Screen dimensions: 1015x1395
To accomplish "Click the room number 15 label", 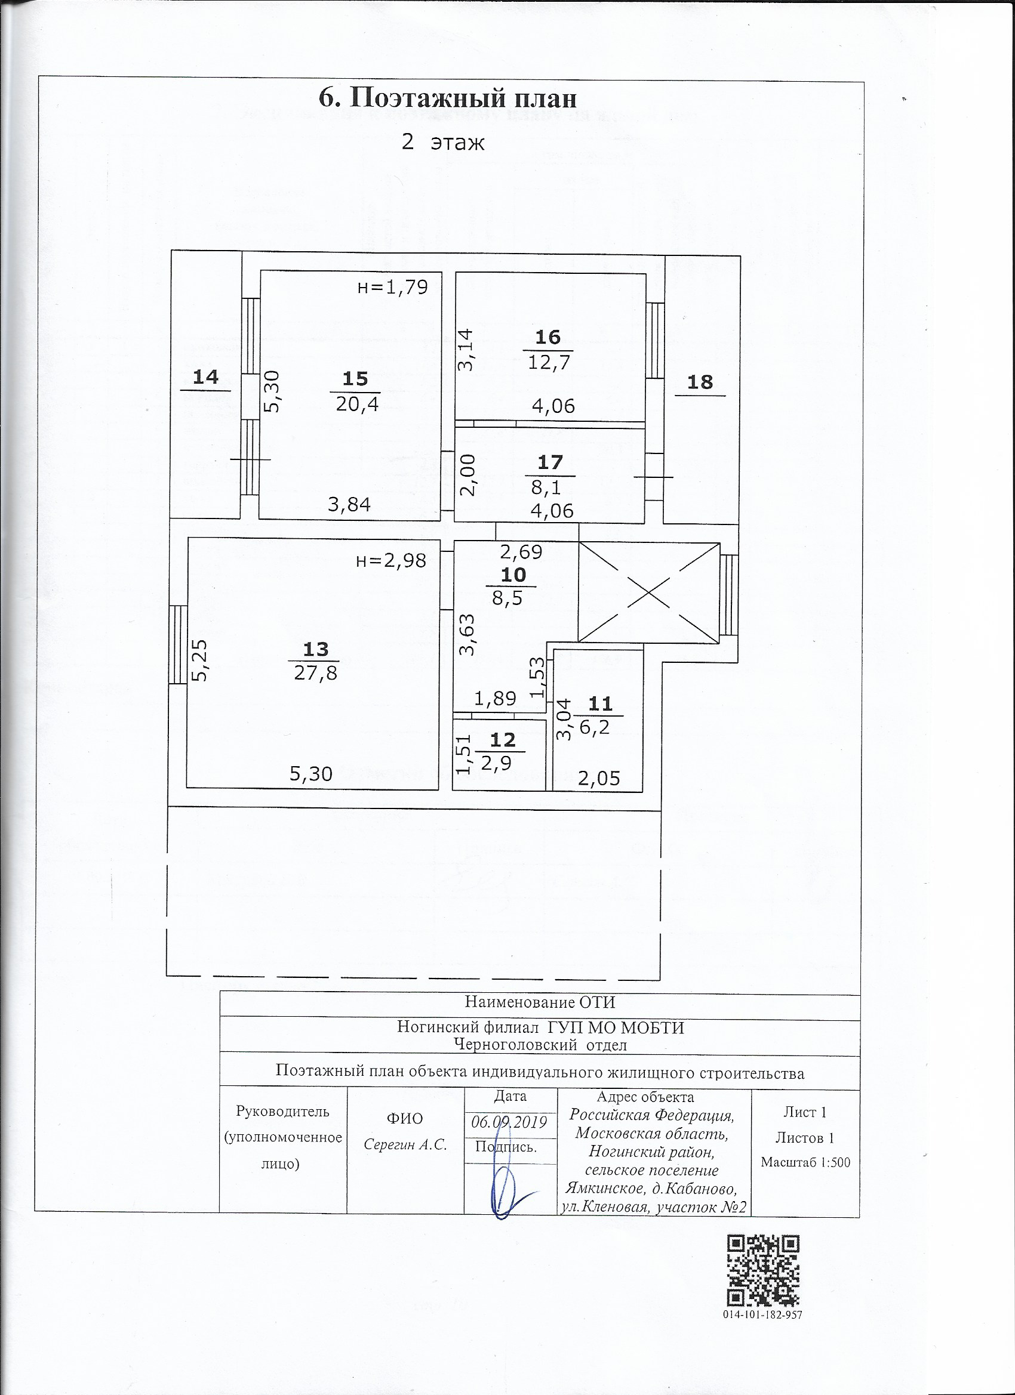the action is point(355,379).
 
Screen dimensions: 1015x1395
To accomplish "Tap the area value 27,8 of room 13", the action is point(315,673).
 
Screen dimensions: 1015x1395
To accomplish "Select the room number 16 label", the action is point(548,337).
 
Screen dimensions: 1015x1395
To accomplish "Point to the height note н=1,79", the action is point(392,287).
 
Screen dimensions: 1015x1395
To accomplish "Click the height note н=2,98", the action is point(391,560).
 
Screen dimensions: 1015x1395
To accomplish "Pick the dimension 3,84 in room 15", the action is point(349,505).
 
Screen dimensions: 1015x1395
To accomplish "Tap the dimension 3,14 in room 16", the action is point(465,350).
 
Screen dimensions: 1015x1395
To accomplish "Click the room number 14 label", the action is point(205,377).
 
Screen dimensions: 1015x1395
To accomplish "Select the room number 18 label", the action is point(700,382).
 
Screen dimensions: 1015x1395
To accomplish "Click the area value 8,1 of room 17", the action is point(545,487).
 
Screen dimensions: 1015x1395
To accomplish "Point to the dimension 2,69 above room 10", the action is point(521,552).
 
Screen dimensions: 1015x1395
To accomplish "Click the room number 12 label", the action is point(502,740).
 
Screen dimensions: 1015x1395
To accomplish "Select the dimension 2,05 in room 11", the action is point(599,779).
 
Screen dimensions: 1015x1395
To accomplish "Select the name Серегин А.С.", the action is point(405,1144).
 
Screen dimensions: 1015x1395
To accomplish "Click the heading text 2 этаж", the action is point(442,143).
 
